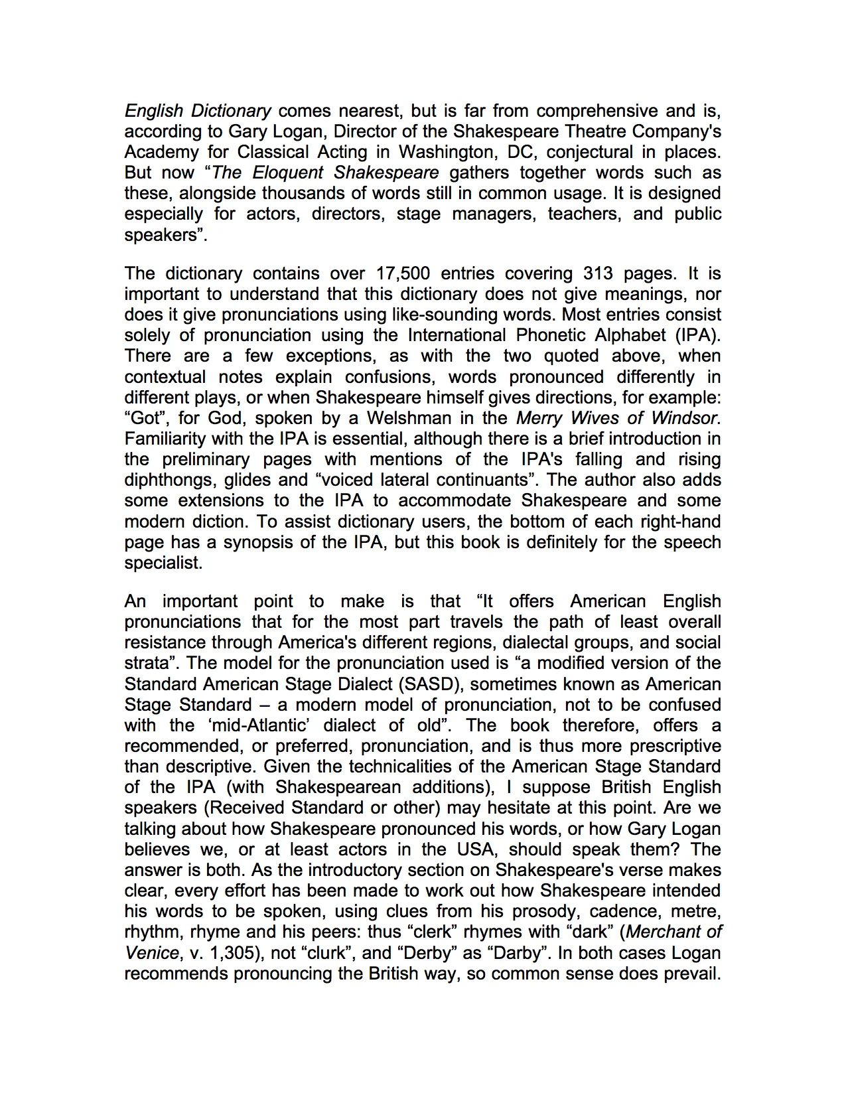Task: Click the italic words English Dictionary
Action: click(198, 111)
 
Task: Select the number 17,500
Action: click(403, 273)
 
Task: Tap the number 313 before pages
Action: click(599, 273)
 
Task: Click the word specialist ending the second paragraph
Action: click(163, 563)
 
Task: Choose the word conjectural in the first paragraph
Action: click(601, 152)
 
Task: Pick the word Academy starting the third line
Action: click(161, 152)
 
